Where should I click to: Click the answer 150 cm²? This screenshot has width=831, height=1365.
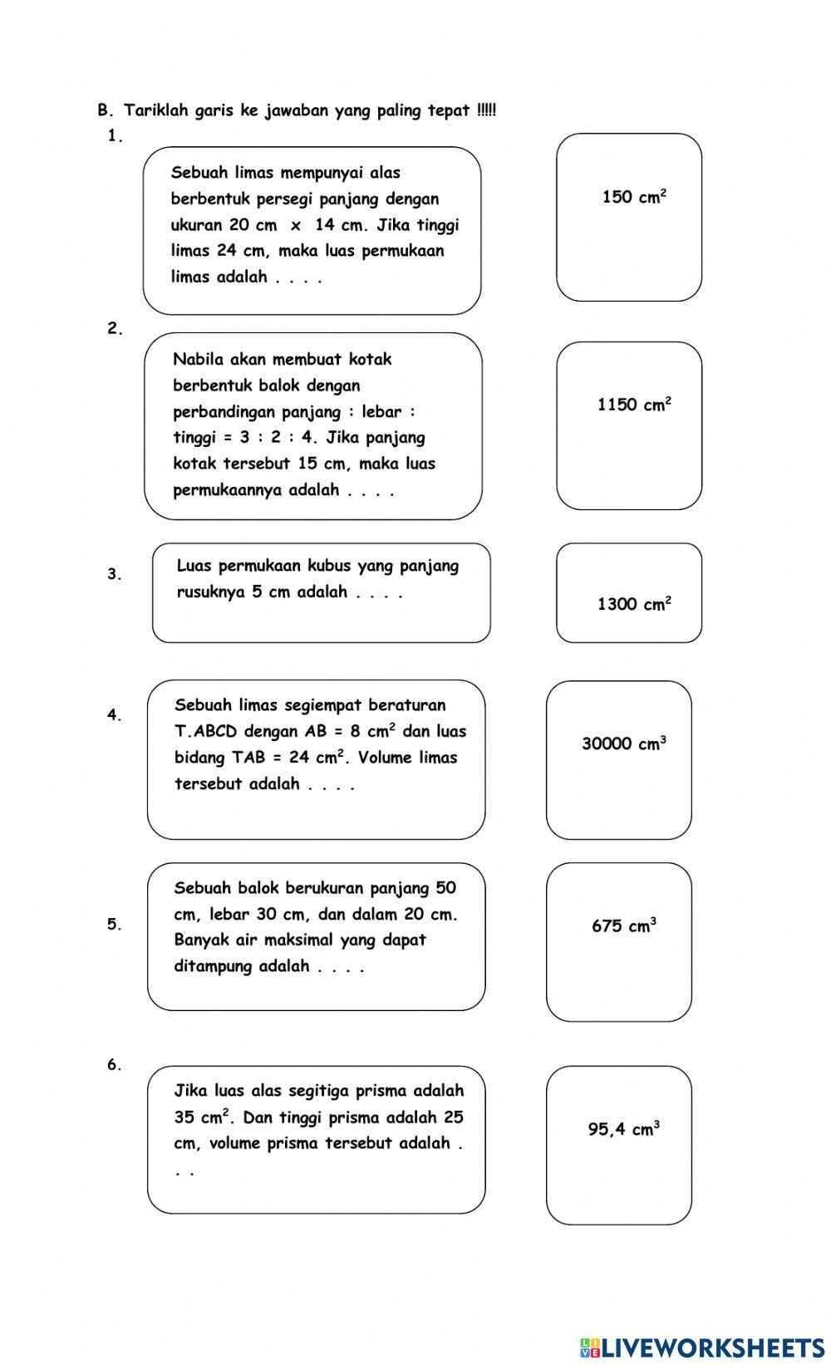(634, 196)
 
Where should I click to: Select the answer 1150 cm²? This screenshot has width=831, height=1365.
(634, 404)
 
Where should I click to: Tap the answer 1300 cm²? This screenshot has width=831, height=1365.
(634, 603)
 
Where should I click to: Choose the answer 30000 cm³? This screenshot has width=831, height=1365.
(624, 743)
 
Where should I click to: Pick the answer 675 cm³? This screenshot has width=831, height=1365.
(624, 925)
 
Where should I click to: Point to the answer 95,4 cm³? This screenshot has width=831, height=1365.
(624, 1128)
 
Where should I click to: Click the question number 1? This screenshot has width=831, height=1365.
(115, 135)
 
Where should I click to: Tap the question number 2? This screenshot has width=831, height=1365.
(115, 328)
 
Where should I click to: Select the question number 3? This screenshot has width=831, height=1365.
(115, 573)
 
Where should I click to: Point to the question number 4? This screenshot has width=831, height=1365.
(115, 714)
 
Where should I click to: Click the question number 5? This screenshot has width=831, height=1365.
(115, 924)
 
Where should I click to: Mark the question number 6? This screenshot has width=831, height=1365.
(115, 1064)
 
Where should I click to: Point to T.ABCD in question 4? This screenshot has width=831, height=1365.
(205, 730)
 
